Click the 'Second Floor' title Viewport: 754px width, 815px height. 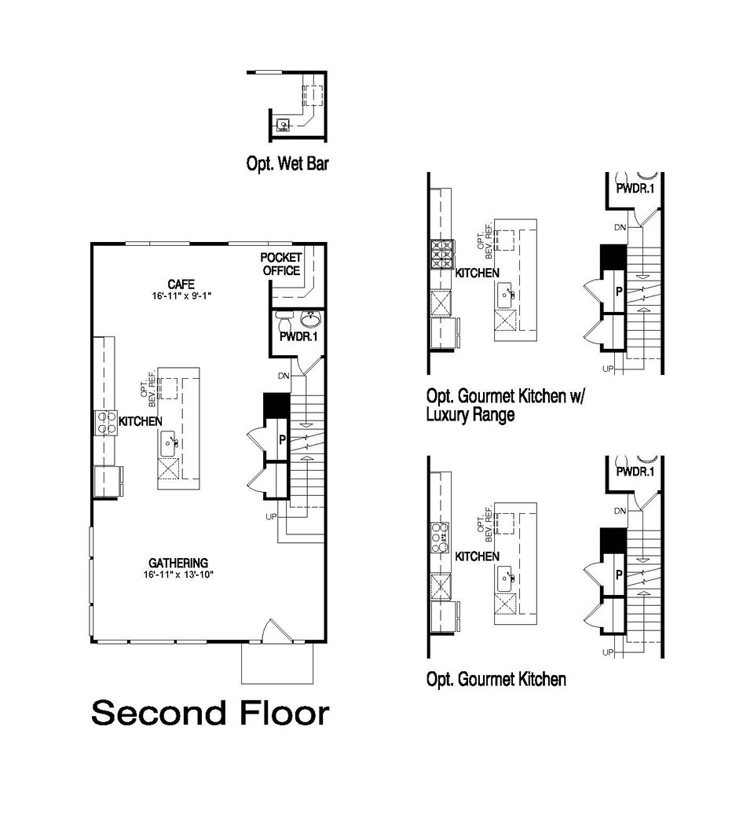click(210, 714)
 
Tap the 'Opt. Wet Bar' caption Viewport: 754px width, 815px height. click(287, 165)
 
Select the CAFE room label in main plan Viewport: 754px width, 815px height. click(181, 284)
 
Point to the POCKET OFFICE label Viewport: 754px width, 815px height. click(281, 265)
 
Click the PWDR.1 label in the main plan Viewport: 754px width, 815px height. click(297, 338)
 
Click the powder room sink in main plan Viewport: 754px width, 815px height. click(311, 320)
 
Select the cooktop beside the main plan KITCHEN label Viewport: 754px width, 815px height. click(107, 422)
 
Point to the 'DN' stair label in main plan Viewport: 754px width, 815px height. click(283, 376)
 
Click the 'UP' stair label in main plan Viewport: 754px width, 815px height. click(272, 517)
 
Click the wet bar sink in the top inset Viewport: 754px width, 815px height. click(284, 124)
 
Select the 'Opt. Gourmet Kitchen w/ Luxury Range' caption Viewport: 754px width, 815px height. click(506, 405)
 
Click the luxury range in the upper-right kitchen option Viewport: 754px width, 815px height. click(441, 254)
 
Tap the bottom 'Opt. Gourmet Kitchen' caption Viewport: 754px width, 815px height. click(496, 679)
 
